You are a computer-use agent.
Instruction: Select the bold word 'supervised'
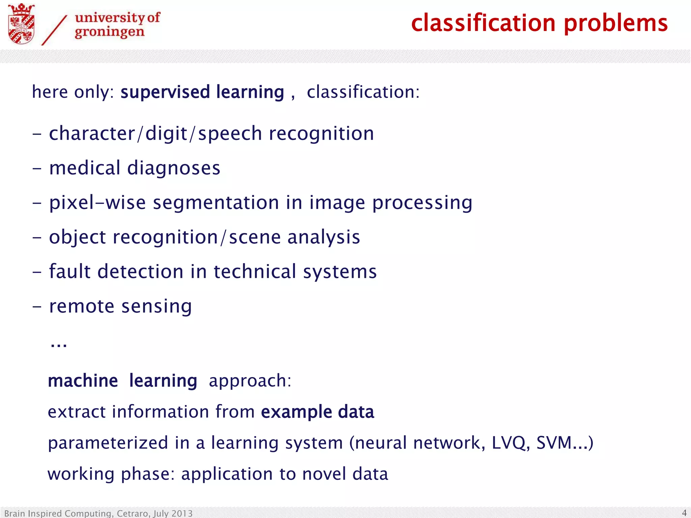click(165, 92)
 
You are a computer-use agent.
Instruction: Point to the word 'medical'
click(85, 168)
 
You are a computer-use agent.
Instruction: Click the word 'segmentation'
click(216, 203)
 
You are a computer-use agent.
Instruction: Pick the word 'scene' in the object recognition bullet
click(255, 237)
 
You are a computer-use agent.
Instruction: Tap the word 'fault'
click(70, 271)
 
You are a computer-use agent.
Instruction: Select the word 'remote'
click(82, 307)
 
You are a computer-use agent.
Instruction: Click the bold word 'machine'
click(83, 381)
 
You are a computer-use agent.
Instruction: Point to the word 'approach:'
click(250, 381)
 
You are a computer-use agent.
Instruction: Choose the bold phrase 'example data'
click(317, 412)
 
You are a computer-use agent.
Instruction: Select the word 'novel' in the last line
click(324, 474)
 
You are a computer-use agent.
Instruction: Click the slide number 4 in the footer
click(684, 513)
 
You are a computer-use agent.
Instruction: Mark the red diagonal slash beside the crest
click(54, 30)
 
